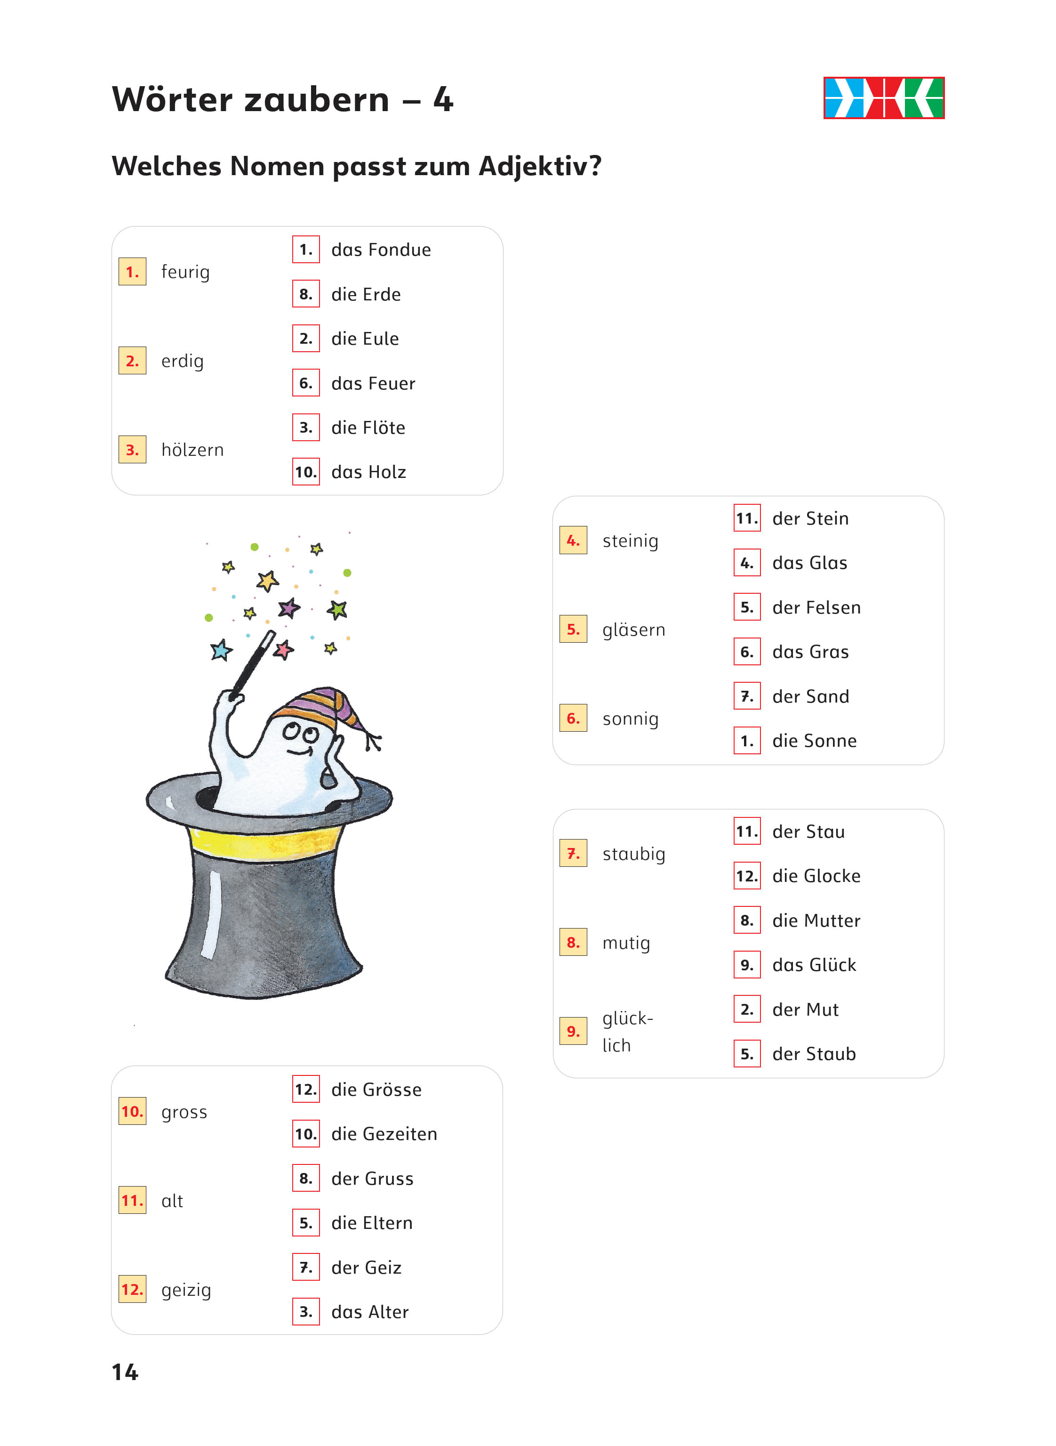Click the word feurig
click(185, 272)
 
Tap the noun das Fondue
click(381, 250)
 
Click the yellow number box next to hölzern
click(132, 450)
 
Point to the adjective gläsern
click(633, 630)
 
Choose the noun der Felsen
click(816, 607)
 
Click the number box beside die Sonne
click(747, 741)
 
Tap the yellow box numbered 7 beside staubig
click(573, 854)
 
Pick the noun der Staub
click(814, 1054)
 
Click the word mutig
click(626, 943)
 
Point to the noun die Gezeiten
click(384, 1134)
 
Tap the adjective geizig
click(186, 1290)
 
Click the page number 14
click(125, 1372)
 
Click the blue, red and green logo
click(884, 98)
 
